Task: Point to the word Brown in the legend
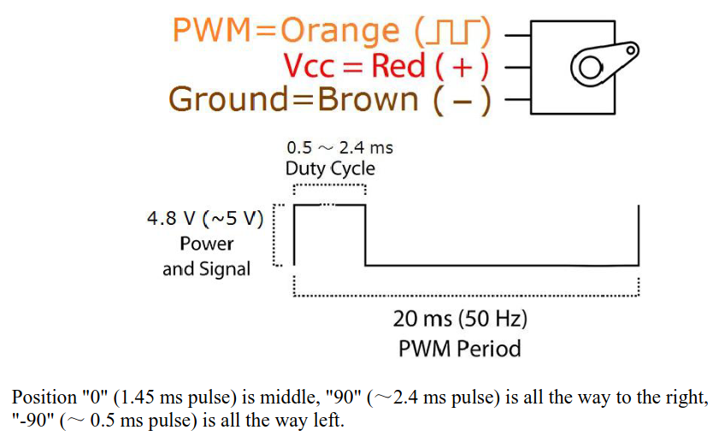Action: pyautogui.click(x=368, y=99)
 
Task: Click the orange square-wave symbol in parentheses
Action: pyautogui.click(x=452, y=32)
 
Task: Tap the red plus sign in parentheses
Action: pyautogui.click(x=463, y=66)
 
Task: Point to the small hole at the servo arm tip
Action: pyautogui.click(x=631, y=50)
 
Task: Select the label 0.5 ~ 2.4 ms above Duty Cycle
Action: pyautogui.click(x=339, y=147)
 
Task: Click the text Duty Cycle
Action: pyautogui.click(x=330, y=168)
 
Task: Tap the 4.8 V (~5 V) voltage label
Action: pyautogui.click(x=204, y=219)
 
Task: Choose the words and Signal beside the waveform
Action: pyautogui.click(x=206, y=269)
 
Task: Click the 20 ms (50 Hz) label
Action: pyautogui.click(x=460, y=320)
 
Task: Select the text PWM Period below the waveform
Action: pyautogui.click(x=459, y=349)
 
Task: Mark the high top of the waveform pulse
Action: pyautogui.click(x=330, y=205)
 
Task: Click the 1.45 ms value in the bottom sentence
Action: pyautogui.click(x=164, y=398)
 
